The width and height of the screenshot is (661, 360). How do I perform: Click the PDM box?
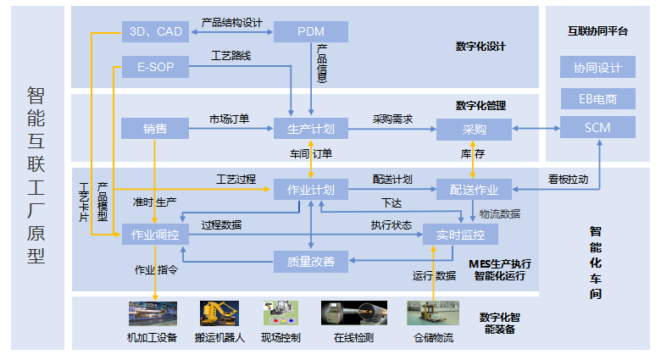(310, 32)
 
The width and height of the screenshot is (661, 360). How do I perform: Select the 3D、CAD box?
(155, 32)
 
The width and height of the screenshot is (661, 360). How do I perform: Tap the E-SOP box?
(155, 66)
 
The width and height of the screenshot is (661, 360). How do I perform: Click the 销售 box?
(155, 130)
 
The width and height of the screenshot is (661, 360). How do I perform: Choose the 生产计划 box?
(310, 130)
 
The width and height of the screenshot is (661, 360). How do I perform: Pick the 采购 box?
(474, 130)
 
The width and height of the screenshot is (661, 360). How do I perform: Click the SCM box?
(597, 128)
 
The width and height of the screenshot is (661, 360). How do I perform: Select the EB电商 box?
(597, 98)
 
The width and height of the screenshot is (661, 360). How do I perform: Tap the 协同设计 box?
(597, 68)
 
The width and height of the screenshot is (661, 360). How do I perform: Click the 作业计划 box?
(310, 189)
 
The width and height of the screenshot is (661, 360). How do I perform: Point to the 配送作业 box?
(474, 189)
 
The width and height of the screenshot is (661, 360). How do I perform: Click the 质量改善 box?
(310, 262)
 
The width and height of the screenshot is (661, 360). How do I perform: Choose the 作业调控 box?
(155, 235)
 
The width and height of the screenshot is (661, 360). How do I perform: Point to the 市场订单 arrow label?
(230, 119)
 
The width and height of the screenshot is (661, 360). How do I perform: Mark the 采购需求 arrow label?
(393, 119)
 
